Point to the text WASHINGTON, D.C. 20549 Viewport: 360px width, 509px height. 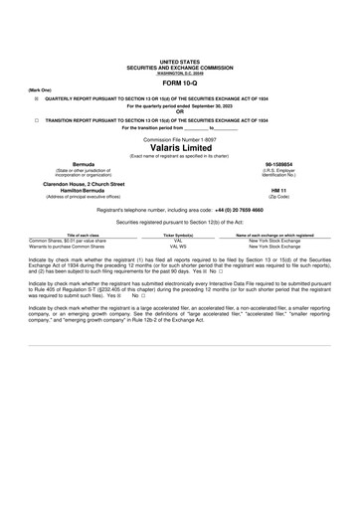coord(179,73)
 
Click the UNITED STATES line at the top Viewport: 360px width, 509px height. coord(179,62)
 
